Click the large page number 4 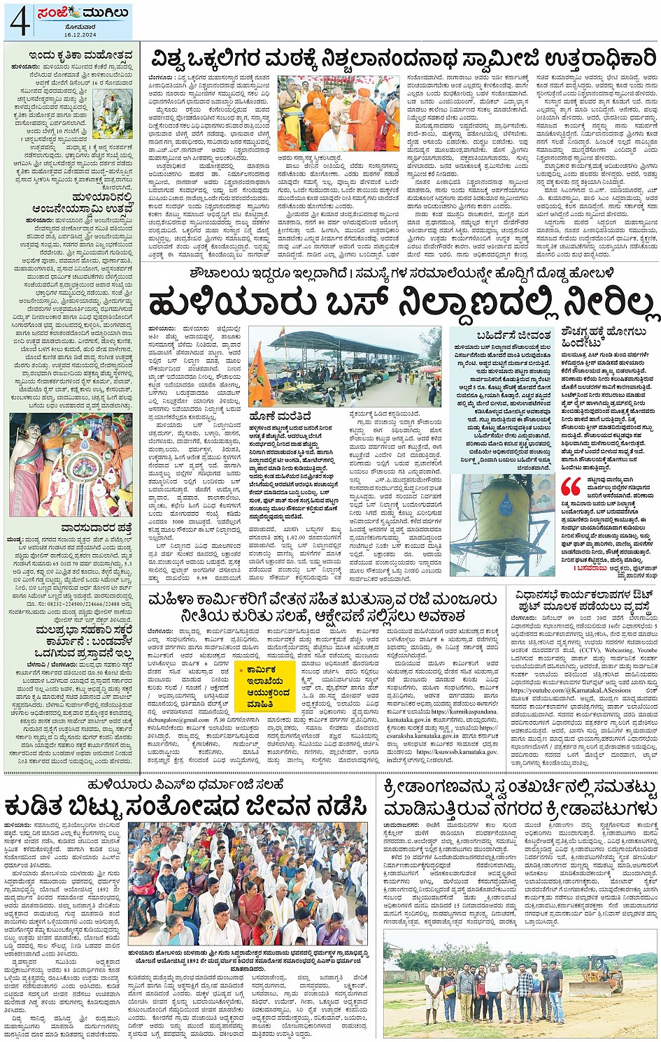[x=19, y=21]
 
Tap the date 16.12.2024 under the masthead [x=75, y=34]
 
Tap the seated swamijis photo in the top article [x=338, y=114]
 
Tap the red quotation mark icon [x=571, y=486]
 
